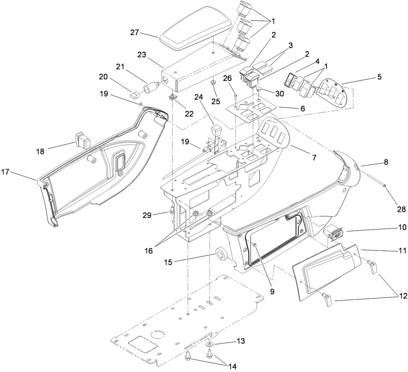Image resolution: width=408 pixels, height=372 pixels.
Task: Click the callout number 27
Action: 135,33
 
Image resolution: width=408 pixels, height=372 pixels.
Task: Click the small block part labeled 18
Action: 83,139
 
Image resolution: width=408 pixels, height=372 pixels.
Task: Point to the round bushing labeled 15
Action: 221,253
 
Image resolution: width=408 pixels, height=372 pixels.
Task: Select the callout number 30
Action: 280,93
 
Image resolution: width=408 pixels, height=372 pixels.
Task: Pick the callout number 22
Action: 189,114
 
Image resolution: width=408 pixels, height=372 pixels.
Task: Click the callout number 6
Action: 302,108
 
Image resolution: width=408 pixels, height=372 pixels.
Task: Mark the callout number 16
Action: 149,250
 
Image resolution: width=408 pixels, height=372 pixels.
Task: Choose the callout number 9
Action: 272,291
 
